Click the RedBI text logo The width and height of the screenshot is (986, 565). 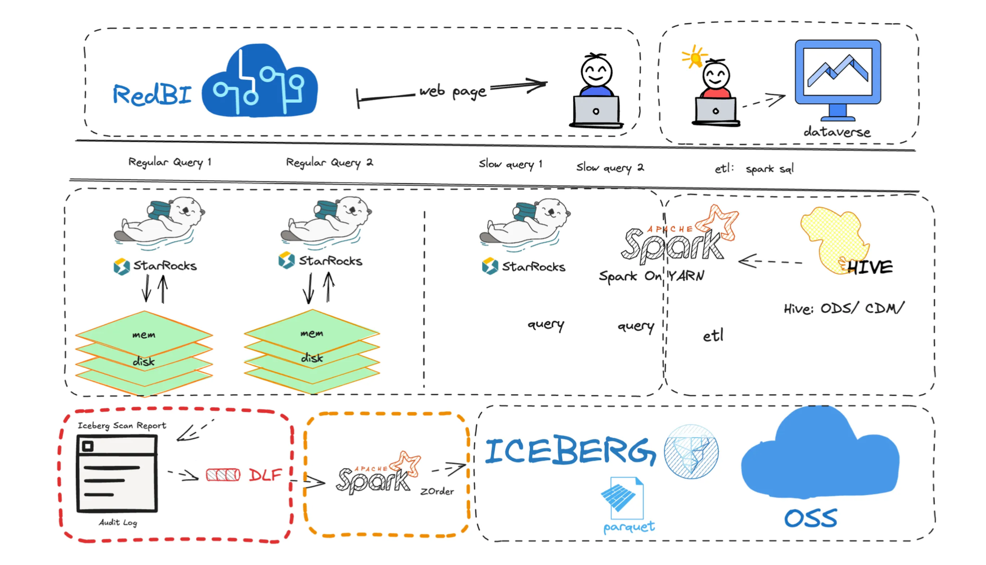[x=152, y=95]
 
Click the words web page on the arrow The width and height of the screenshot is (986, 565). [x=453, y=91]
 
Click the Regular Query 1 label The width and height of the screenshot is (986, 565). [x=169, y=162]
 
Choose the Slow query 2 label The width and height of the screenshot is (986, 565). [x=610, y=168]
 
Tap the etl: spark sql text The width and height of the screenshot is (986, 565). [x=754, y=169]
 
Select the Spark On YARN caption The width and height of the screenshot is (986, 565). [x=651, y=276]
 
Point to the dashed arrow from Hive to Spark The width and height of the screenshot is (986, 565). [x=770, y=262]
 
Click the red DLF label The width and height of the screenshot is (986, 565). [x=265, y=475]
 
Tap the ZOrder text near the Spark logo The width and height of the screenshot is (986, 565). [x=437, y=491]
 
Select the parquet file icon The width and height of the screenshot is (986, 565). [x=622, y=495]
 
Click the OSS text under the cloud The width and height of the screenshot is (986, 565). [x=810, y=518]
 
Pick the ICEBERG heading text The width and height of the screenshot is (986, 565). [x=570, y=451]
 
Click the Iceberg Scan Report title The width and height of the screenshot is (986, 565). [x=122, y=425]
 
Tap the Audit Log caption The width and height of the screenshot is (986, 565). [x=118, y=522]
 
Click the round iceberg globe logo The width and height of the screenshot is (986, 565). [x=691, y=451]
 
